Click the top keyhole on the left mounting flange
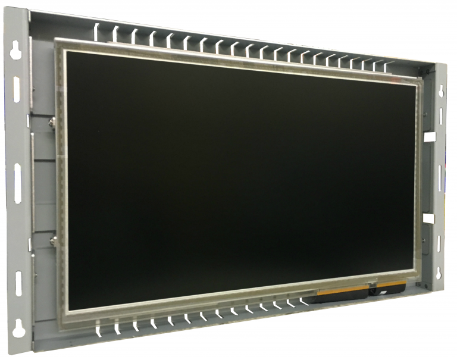[16, 49]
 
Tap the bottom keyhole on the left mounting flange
[18, 325]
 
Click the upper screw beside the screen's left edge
[52, 123]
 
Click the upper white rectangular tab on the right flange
[429, 137]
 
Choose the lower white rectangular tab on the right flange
[428, 218]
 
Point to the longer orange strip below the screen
[342, 290]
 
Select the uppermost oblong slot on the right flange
[442, 117]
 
